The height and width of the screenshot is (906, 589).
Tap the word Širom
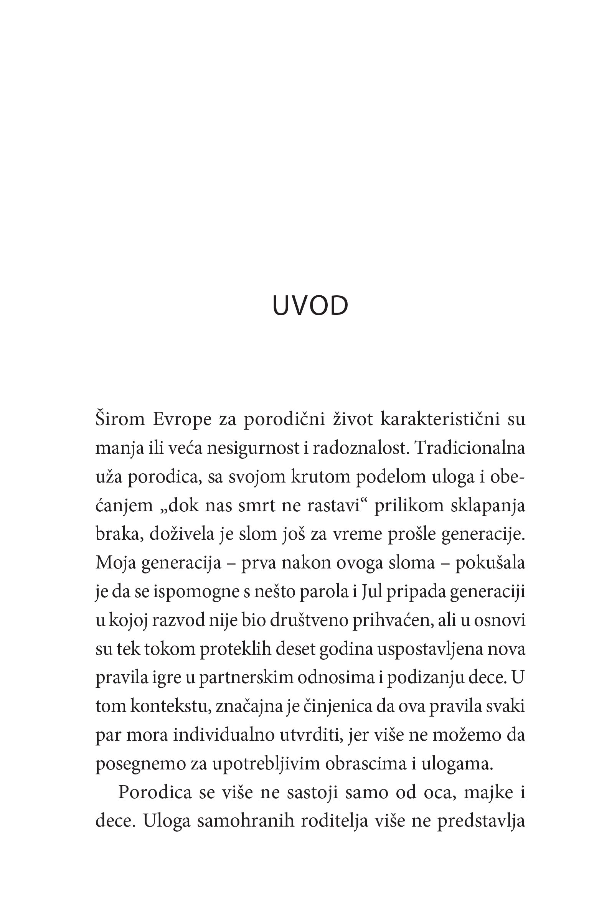click(x=120, y=419)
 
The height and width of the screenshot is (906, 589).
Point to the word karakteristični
click(x=440, y=419)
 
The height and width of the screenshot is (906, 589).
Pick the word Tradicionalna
click(x=470, y=448)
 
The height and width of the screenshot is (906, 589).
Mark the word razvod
click(x=178, y=620)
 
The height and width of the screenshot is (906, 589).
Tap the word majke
click(x=488, y=793)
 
